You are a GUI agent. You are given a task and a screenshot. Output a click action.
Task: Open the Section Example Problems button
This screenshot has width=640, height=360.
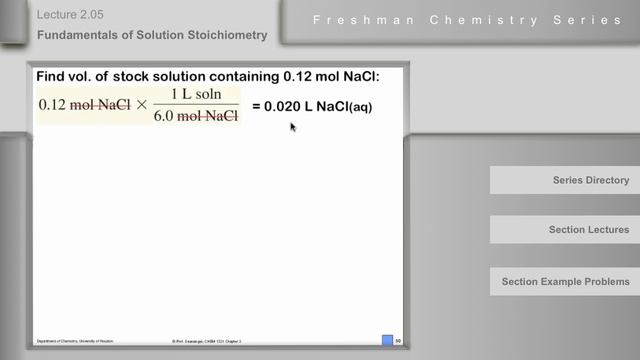pyautogui.click(x=565, y=281)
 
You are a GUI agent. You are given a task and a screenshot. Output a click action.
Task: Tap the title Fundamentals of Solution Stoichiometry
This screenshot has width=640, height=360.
pyautogui.click(x=152, y=35)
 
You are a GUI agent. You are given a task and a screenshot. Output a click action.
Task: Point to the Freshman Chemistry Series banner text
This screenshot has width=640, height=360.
pyautogui.click(x=467, y=20)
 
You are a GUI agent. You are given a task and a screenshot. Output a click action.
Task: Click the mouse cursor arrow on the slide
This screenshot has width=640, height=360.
pyautogui.click(x=293, y=127)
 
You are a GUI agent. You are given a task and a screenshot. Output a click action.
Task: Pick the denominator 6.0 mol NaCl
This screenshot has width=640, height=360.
pyautogui.click(x=197, y=116)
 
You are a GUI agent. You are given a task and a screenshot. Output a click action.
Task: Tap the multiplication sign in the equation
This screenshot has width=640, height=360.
pyautogui.click(x=140, y=105)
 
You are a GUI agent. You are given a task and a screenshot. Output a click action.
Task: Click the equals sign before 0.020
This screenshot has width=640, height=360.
pyautogui.click(x=255, y=105)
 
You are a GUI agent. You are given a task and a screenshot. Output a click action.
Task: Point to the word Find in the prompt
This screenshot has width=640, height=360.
pyautogui.click(x=52, y=76)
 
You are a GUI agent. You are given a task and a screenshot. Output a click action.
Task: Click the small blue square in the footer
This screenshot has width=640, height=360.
pyautogui.click(x=387, y=341)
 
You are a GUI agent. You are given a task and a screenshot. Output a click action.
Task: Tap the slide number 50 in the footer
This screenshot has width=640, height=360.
pyautogui.click(x=398, y=341)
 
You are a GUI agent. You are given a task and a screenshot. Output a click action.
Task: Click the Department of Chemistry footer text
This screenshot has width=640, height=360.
pyautogui.click(x=74, y=341)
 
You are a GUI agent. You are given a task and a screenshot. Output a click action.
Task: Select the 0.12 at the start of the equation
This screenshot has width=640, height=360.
pyautogui.click(x=53, y=105)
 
